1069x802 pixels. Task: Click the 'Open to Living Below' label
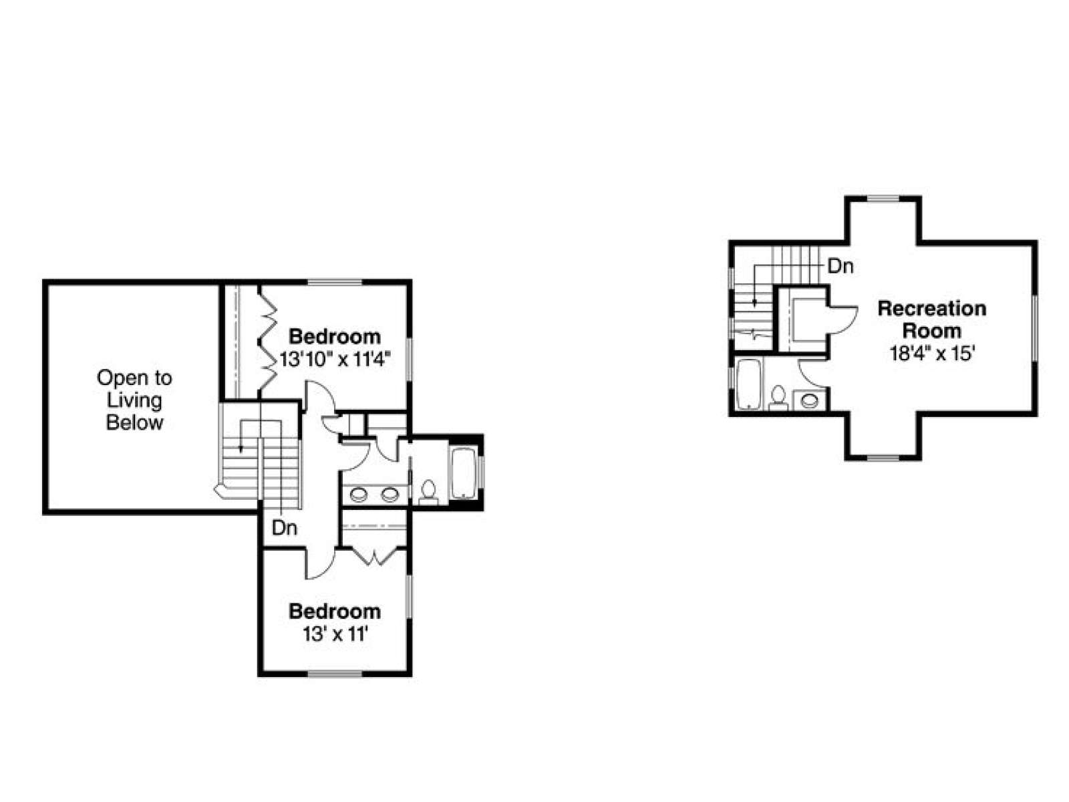click(134, 400)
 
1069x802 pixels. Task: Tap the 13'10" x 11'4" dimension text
click(335, 360)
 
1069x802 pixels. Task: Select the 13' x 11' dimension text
click(335, 634)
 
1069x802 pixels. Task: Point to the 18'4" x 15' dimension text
click(931, 353)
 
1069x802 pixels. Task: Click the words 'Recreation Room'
click(931, 319)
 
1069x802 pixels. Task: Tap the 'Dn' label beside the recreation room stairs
click(841, 267)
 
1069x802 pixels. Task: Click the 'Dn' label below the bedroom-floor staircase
click(285, 528)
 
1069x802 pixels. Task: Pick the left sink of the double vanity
click(359, 495)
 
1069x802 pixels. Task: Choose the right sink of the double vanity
click(390, 495)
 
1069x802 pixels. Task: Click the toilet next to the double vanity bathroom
click(428, 492)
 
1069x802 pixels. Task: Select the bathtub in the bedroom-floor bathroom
click(464, 473)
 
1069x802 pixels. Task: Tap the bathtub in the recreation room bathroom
click(748, 384)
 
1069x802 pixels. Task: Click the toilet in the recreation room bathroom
click(778, 398)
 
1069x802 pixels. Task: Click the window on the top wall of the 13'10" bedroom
click(335, 281)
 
